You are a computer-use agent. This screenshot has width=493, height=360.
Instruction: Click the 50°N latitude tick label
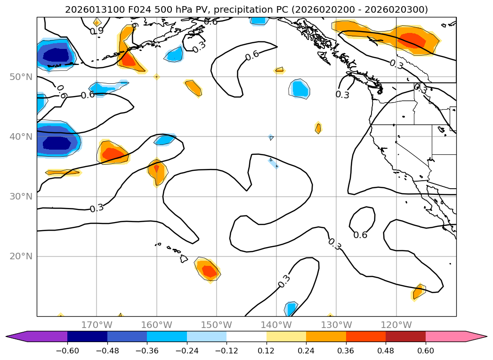21,77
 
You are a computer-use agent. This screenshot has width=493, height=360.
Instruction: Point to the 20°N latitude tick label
21,256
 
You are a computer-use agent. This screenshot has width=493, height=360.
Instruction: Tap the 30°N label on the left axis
21,197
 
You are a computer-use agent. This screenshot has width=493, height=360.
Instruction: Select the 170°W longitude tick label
97,325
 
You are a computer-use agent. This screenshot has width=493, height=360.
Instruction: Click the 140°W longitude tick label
276,325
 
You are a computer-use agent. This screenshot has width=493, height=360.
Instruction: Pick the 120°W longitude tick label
396,325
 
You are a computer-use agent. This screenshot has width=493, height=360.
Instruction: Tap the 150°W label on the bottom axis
217,325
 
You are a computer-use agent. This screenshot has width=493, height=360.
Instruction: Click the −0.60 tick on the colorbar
67,351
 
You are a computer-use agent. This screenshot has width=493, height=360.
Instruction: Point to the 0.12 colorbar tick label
267,351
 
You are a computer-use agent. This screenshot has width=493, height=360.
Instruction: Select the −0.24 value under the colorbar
186,351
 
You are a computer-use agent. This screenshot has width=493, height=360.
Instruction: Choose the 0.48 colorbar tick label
386,351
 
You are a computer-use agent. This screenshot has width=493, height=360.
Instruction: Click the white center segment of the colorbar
246,336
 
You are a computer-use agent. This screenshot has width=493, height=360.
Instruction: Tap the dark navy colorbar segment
87,336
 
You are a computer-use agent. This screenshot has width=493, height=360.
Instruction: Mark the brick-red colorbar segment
405,336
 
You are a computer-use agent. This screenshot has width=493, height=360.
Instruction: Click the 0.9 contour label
97,31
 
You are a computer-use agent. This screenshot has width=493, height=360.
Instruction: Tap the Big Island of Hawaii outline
184,259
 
